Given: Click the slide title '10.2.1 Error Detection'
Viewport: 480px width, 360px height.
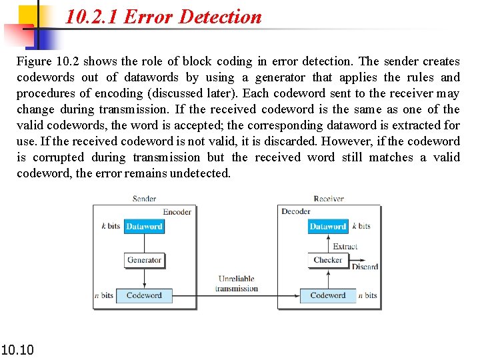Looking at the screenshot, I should [163, 17].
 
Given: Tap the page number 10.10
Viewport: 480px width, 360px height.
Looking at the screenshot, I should [17, 349].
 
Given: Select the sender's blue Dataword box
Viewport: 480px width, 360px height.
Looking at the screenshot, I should [144, 227].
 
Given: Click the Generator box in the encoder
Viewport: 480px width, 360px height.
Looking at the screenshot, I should [144, 260].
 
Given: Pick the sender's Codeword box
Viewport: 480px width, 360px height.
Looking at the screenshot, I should [144, 295].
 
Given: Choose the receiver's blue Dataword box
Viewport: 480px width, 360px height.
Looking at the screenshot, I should [327, 227].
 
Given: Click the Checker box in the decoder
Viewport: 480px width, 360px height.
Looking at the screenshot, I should [327, 260].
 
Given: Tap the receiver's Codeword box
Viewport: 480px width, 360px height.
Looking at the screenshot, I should [327, 295].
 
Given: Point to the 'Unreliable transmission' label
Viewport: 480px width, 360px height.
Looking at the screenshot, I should [236, 284].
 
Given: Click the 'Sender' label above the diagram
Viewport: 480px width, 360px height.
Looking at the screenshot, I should [144, 199].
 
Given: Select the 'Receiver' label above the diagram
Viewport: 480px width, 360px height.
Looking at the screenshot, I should [328, 199].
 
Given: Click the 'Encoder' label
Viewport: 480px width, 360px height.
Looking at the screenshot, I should [177, 212].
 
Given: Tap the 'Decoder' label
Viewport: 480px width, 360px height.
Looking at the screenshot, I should [296, 212].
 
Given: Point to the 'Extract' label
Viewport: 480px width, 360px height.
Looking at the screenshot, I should [345, 246].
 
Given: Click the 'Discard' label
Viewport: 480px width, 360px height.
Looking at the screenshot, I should [365, 267].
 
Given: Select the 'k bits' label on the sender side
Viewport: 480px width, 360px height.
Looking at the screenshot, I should [111, 226].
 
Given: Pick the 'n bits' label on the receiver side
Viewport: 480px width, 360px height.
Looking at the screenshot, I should [367, 295].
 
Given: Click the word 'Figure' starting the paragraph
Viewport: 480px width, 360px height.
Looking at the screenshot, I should [34, 61].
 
